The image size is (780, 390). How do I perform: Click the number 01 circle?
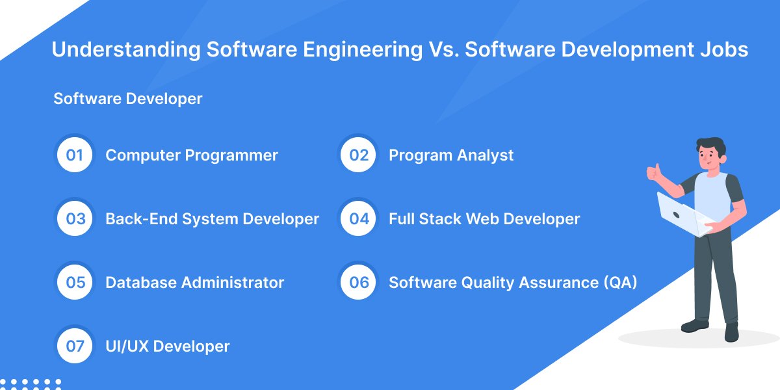click(75, 155)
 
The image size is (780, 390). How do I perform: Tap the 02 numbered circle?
click(359, 155)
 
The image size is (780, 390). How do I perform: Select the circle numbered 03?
click(75, 219)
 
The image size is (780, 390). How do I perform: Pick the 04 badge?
click(359, 219)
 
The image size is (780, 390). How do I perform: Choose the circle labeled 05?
click(75, 283)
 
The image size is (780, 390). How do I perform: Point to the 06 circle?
click(359, 283)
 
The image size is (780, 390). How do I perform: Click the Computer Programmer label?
click(192, 155)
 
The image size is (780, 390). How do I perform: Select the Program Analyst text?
click(451, 155)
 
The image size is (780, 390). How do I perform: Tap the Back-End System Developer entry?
click(212, 219)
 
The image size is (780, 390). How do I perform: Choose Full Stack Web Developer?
click(484, 219)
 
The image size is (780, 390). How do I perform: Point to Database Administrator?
click(194, 283)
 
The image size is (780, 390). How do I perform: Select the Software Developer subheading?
click(128, 99)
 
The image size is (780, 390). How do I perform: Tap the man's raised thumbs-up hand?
click(653, 172)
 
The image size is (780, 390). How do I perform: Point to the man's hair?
click(710, 144)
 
